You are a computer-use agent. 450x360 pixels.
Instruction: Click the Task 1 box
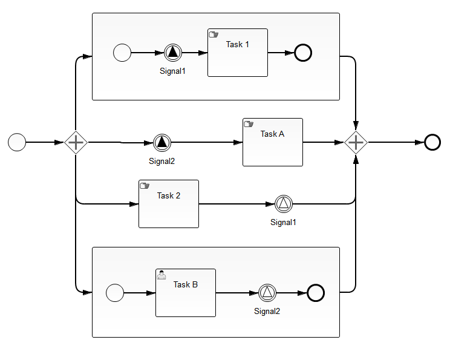[x=238, y=53]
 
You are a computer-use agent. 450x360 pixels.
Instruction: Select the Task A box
[x=273, y=142]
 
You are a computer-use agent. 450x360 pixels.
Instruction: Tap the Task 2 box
[x=169, y=204]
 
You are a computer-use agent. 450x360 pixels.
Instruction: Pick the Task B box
[x=186, y=293]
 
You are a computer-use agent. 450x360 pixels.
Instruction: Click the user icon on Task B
[x=161, y=275]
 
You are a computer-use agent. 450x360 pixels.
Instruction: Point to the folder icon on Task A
[x=249, y=124]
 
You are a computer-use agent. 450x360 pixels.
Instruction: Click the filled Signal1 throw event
[x=173, y=53]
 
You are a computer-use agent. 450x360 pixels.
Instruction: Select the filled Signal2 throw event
[x=162, y=142]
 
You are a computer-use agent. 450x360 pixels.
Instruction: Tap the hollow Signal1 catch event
[x=284, y=204]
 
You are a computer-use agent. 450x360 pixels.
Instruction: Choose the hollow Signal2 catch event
[x=267, y=293]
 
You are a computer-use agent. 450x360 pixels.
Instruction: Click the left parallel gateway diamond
[x=76, y=142]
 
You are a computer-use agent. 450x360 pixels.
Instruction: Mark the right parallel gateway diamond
[x=356, y=142]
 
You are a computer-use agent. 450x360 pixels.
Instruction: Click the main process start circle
[x=17, y=142]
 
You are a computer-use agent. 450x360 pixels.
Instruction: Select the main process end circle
[x=432, y=142]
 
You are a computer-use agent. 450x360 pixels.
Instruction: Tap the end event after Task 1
[x=303, y=53]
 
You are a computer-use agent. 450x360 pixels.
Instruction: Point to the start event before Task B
[x=115, y=293]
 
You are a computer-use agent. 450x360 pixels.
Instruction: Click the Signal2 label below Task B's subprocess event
[x=267, y=312]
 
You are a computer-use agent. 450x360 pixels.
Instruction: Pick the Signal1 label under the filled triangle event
[x=172, y=71]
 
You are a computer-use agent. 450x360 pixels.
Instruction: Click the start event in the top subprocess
[x=122, y=53]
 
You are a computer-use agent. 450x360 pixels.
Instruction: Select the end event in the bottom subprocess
[x=316, y=293]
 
